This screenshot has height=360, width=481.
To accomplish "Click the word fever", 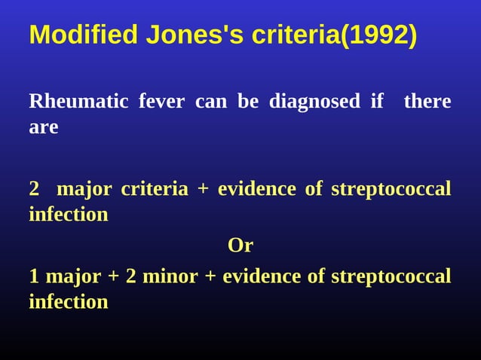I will [x=161, y=102].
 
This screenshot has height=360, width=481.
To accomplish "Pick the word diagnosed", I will [x=314, y=102].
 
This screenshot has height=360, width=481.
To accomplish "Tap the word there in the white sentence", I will [x=427, y=102].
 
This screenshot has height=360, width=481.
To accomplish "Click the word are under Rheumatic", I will [x=43, y=127].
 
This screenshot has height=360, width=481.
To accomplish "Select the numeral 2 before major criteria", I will [x=34, y=189].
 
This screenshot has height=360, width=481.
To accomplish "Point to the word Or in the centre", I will [x=240, y=246].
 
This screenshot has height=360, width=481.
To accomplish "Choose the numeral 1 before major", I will [x=34, y=276].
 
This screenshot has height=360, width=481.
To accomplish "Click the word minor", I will [x=170, y=276].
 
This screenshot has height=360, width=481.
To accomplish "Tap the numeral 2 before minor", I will [x=131, y=276].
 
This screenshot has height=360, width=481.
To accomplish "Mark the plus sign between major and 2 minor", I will [x=113, y=276].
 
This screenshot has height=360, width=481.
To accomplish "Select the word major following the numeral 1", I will [x=73, y=276].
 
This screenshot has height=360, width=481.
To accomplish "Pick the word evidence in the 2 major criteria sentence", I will [x=256, y=189].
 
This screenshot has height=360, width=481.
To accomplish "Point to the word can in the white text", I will [x=211, y=102].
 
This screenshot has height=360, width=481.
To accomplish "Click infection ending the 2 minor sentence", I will [x=68, y=302].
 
